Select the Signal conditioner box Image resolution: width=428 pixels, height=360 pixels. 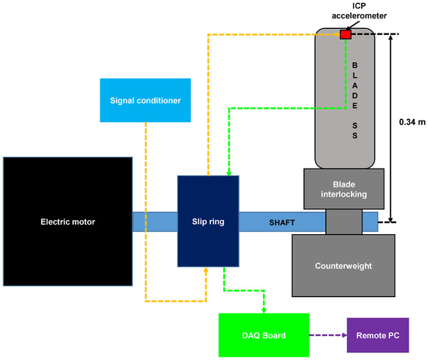click(146, 100)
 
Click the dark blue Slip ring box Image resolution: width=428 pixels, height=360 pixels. click(208, 221)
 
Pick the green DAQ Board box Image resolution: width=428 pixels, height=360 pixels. click(264, 334)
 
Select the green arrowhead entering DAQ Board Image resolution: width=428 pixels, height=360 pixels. click(264, 309)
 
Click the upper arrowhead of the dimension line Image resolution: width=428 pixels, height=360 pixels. click(391, 38)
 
